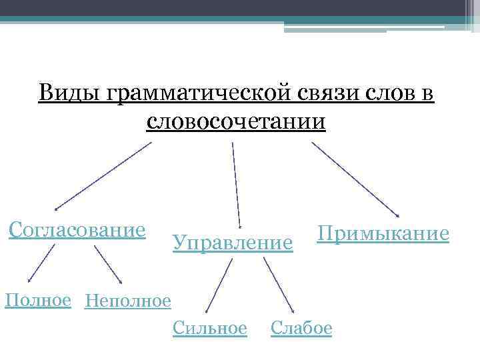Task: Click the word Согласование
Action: (77, 231)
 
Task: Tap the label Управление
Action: (233, 243)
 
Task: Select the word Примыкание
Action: (383, 234)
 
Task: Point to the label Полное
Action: (38, 300)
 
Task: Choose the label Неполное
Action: (128, 302)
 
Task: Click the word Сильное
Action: (209, 328)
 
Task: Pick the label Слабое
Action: (301, 328)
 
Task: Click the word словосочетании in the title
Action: (236, 122)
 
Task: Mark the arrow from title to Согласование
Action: (103, 175)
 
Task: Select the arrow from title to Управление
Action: (236, 183)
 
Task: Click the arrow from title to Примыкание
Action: (355, 179)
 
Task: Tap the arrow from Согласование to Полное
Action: (41, 264)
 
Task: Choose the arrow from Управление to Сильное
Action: (220, 285)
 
